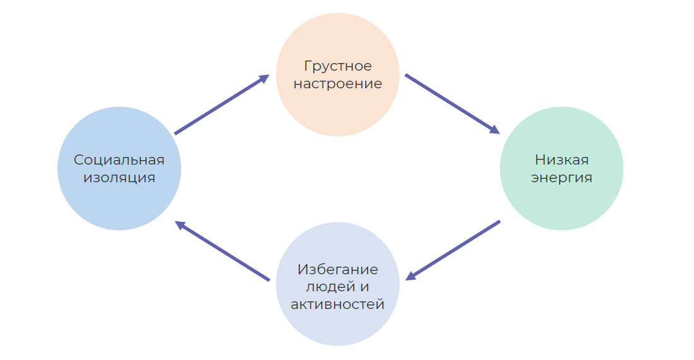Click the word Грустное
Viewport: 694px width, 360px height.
pos(338,66)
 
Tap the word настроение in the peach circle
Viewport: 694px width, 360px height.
pos(338,84)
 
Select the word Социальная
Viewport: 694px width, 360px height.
pos(119,160)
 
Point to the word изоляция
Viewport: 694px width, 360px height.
pos(119,177)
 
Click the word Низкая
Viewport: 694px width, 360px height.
pos(561,160)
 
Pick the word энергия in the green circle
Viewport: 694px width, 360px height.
pos(561,178)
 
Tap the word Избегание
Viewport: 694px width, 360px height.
pos(338,270)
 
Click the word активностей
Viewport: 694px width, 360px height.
pos(338,305)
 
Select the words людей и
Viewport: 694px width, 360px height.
pos(338,287)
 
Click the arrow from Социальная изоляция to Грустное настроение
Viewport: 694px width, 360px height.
pos(221,105)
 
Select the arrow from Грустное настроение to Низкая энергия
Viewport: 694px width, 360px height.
pos(451,103)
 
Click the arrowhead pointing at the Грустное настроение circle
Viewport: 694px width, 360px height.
pos(264,78)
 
